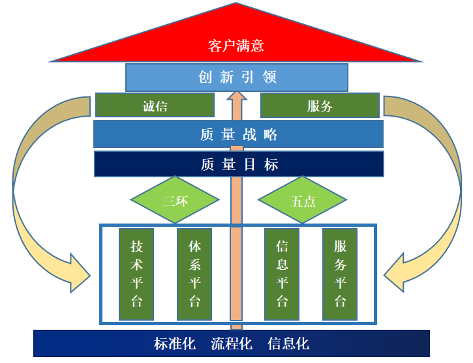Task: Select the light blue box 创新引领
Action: click(x=237, y=78)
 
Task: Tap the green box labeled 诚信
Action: click(x=155, y=106)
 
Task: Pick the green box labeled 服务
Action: click(x=320, y=106)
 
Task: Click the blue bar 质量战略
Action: click(x=238, y=134)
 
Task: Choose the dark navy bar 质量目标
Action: click(x=238, y=164)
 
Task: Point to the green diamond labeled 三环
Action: click(x=174, y=201)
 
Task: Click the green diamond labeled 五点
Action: click(x=302, y=201)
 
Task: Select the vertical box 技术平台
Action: click(x=136, y=274)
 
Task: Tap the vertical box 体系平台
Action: click(x=194, y=274)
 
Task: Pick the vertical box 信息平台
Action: click(x=282, y=274)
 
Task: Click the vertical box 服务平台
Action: click(x=340, y=274)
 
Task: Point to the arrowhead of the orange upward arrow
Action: click(x=237, y=98)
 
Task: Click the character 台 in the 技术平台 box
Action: click(x=136, y=301)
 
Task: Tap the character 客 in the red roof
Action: click(x=215, y=46)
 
